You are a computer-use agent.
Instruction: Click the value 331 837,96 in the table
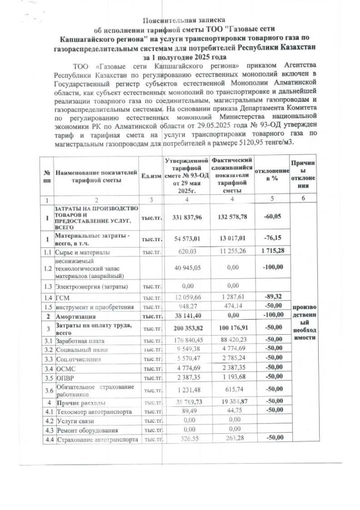(x=185, y=217)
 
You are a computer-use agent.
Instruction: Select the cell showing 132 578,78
(x=229, y=217)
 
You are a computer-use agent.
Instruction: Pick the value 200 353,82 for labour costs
(x=185, y=327)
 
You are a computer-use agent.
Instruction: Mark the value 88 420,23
(x=229, y=339)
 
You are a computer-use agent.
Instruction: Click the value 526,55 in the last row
(x=185, y=438)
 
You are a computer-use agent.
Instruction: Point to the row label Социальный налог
(x=80, y=349)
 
